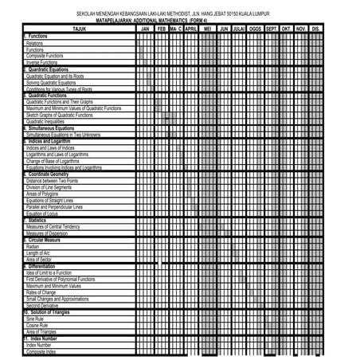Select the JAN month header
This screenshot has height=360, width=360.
point(144,29)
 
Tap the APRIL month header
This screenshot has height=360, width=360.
point(191,29)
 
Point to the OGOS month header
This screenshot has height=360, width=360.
point(255,29)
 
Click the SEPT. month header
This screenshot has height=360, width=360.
point(271,29)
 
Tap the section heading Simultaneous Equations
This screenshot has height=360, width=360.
point(49,127)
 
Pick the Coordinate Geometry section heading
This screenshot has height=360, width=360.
point(47,174)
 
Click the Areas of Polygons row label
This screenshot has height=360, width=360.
point(43,194)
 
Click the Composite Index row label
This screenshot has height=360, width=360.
point(41,351)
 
